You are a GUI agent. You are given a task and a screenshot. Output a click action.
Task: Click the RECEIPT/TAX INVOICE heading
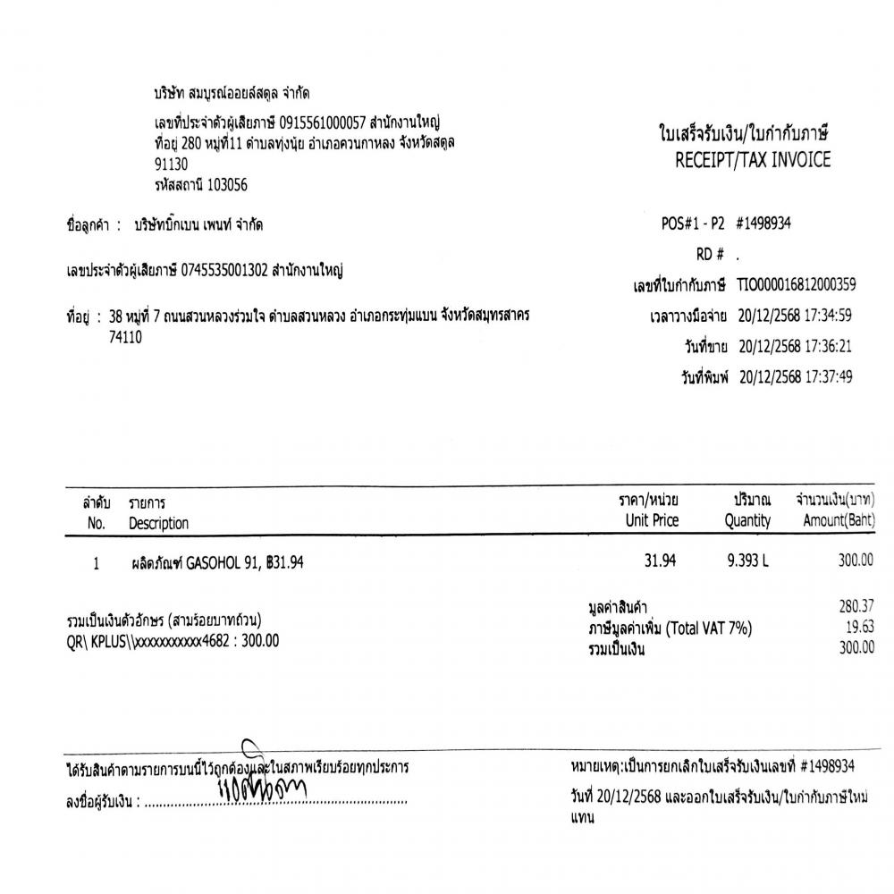(754, 161)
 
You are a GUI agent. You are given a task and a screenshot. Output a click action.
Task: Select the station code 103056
(227, 185)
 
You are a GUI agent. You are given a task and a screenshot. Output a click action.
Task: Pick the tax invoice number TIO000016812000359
(797, 285)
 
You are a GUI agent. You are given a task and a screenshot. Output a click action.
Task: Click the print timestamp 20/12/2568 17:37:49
(796, 376)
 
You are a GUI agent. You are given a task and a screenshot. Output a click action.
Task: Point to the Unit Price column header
(653, 520)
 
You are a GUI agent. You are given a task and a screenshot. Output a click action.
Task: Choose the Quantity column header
(747, 520)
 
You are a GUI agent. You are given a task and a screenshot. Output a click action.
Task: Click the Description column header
(158, 523)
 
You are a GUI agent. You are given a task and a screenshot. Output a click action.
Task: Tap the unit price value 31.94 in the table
(660, 561)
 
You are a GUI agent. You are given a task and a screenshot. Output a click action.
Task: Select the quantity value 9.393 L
(748, 561)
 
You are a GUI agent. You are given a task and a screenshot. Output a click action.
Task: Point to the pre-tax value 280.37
(856, 606)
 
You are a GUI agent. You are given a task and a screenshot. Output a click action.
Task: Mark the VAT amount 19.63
(860, 627)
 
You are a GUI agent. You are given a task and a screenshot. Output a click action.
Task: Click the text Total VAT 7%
(707, 628)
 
